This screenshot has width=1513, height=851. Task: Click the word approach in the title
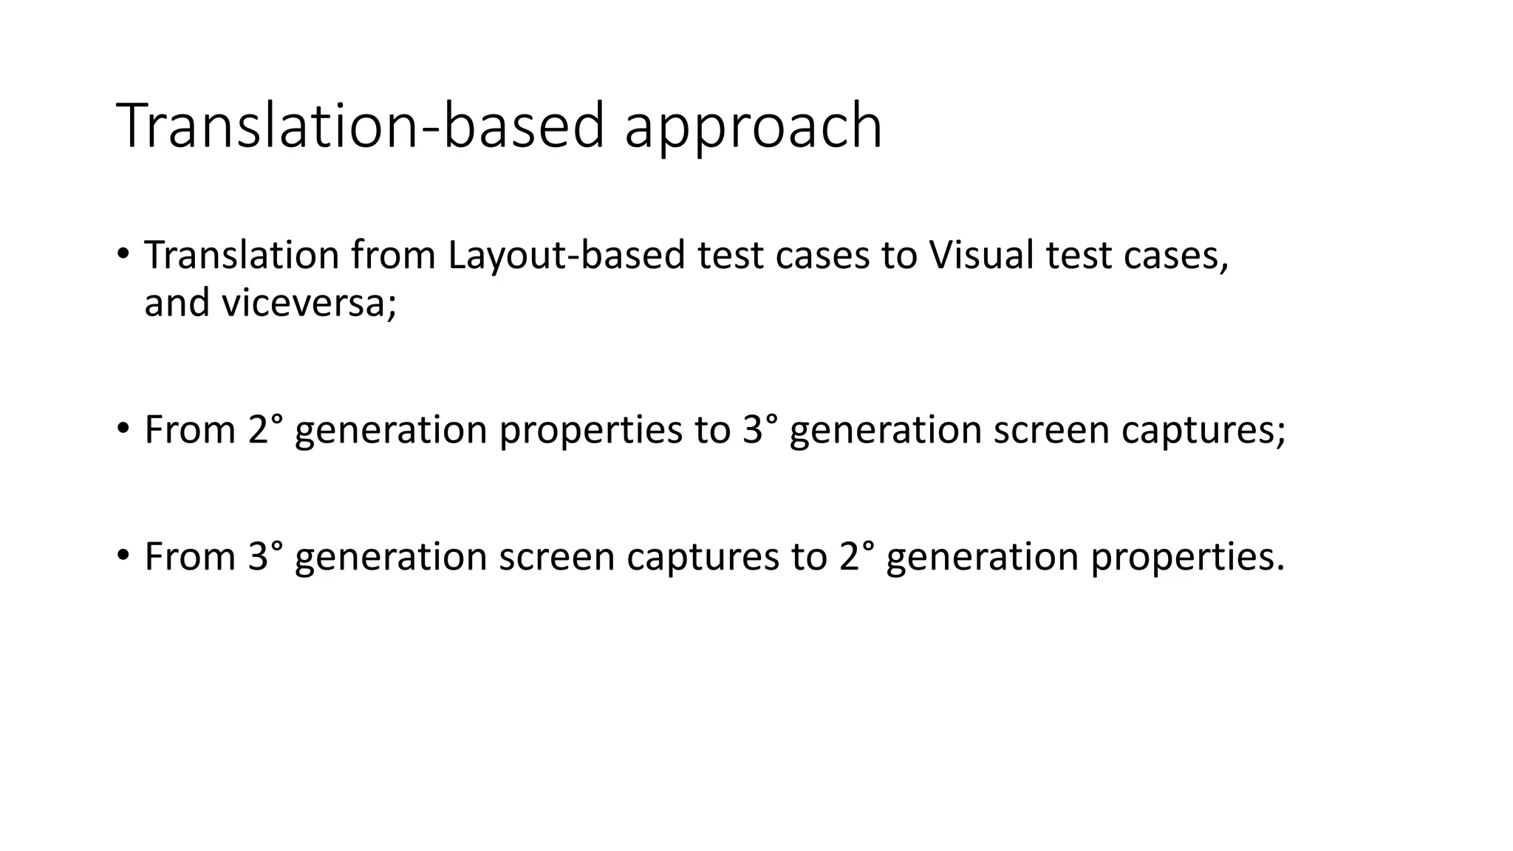point(753,127)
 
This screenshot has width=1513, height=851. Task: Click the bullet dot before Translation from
point(123,254)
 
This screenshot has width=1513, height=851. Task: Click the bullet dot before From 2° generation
point(123,428)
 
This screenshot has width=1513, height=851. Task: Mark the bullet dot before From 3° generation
point(123,556)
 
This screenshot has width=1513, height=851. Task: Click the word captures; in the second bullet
point(1203,430)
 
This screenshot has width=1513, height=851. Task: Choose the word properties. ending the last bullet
point(1187,557)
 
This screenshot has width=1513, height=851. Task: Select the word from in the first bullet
point(393,256)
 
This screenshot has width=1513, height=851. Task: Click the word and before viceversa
point(177,304)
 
